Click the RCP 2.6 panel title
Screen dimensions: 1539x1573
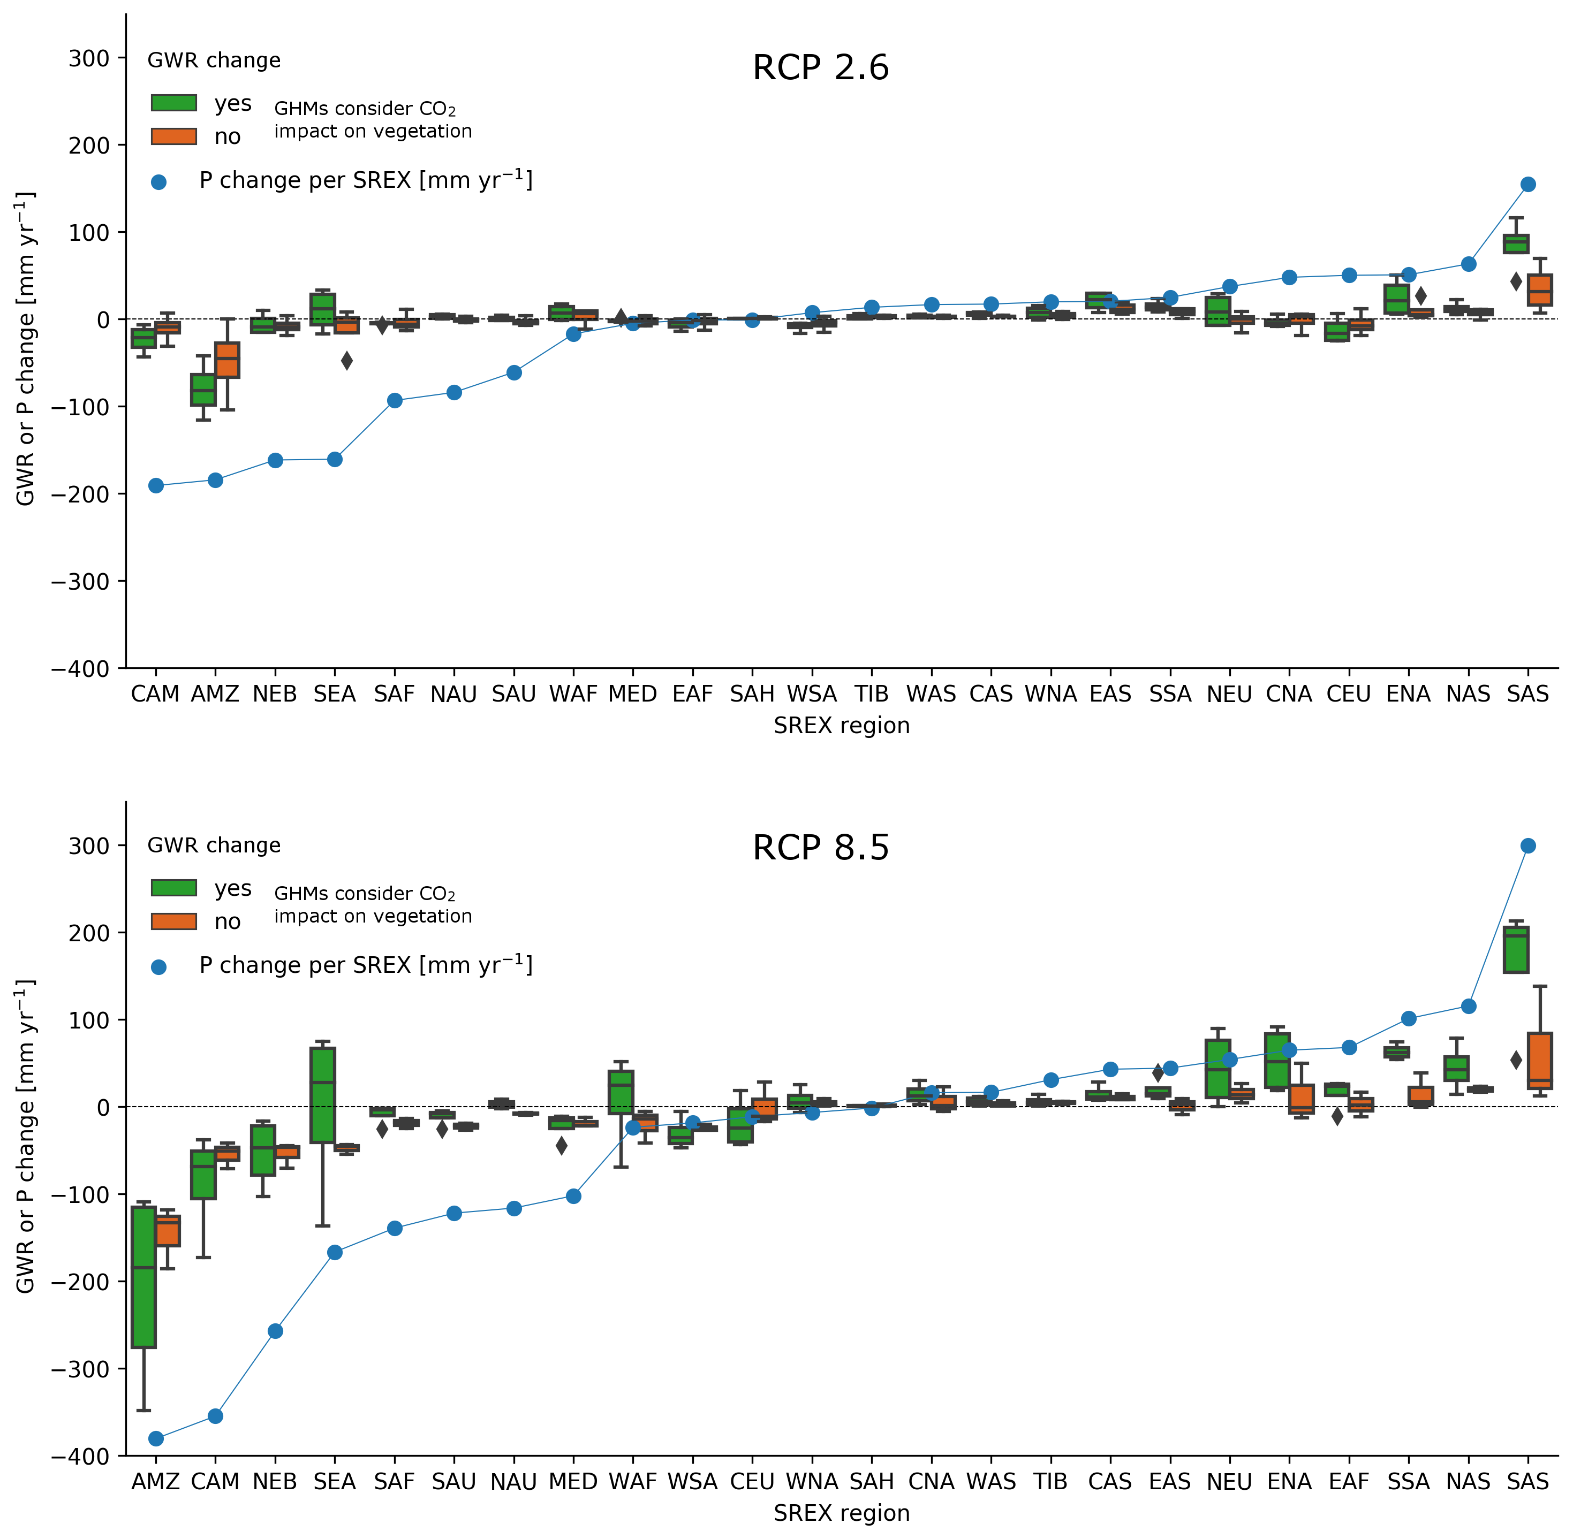click(820, 68)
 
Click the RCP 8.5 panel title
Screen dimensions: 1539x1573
click(820, 848)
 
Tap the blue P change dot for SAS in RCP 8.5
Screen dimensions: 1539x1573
click(1527, 845)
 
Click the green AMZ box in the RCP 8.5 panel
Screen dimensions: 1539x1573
click(144, 1277)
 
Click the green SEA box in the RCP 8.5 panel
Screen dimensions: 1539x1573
click(323, 1095)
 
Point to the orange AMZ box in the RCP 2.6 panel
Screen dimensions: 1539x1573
click(227, 360)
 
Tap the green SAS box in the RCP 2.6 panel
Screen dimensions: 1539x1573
click(1516, 244)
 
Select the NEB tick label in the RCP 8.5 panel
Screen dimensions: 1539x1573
click(275, 1482)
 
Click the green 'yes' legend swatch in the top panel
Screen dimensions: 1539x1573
click(174, 103)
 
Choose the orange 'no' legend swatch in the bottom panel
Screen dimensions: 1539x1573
click(174, 921)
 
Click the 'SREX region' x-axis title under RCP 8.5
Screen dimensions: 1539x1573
click(841, 1513)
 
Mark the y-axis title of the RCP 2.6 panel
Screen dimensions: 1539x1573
click(26, 349)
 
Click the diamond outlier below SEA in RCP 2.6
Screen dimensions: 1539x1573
click(347, 361)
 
